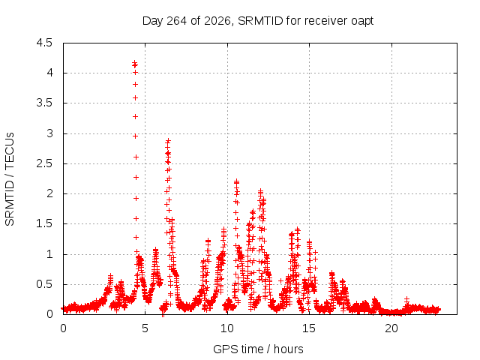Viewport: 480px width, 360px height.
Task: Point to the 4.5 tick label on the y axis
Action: tap(44, 43)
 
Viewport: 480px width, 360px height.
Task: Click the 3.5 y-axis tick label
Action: tap(44, 103)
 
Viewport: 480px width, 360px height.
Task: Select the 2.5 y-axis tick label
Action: tap(44, 163)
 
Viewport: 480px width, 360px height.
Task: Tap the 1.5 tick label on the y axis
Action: tap(44, 224)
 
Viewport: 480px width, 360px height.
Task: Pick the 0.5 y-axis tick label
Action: tap(44, 284)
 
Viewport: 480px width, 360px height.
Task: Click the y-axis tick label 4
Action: tap(49, 73)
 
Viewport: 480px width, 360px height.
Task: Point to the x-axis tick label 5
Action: tap(145, 328)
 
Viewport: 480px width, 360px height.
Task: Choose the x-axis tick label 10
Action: tap(227, 328)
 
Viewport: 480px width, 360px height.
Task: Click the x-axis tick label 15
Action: tap(309, 328)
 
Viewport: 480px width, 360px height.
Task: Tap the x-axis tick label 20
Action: tap(391, 328)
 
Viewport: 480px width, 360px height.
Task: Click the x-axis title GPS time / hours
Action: tap(258, 349)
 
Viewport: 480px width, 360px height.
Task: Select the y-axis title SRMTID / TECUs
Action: tap(10, 179)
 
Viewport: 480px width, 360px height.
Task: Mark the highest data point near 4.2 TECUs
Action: tap(134, 63)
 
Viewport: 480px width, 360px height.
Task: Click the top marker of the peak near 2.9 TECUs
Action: tap(168, 141)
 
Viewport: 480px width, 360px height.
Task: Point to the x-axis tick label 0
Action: tap(63, 328)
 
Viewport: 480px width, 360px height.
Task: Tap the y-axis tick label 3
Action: tap(49, 133)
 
